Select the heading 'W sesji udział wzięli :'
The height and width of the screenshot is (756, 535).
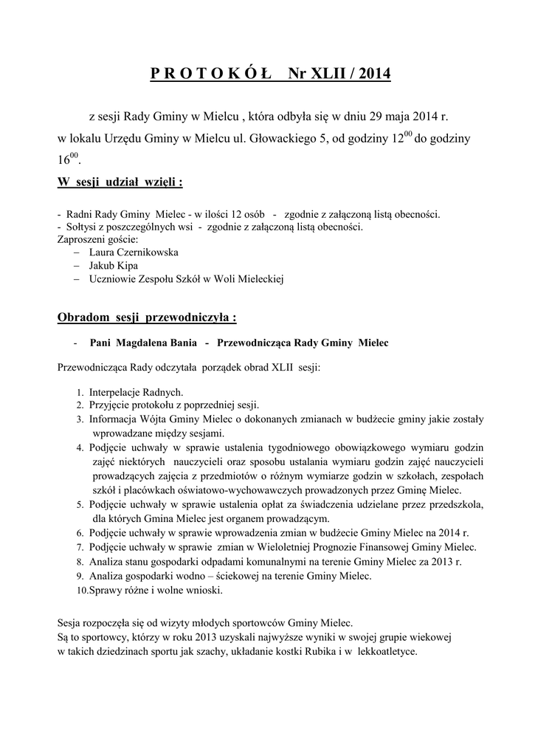click(120, 182)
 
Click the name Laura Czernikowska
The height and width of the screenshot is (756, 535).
click(134, 252)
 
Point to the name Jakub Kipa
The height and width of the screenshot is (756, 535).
click(113, 265)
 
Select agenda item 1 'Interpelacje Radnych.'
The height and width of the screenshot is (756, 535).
click(136, 392)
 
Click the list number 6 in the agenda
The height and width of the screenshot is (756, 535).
click(79, 533)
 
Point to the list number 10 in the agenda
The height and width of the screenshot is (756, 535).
click(82, 590)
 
